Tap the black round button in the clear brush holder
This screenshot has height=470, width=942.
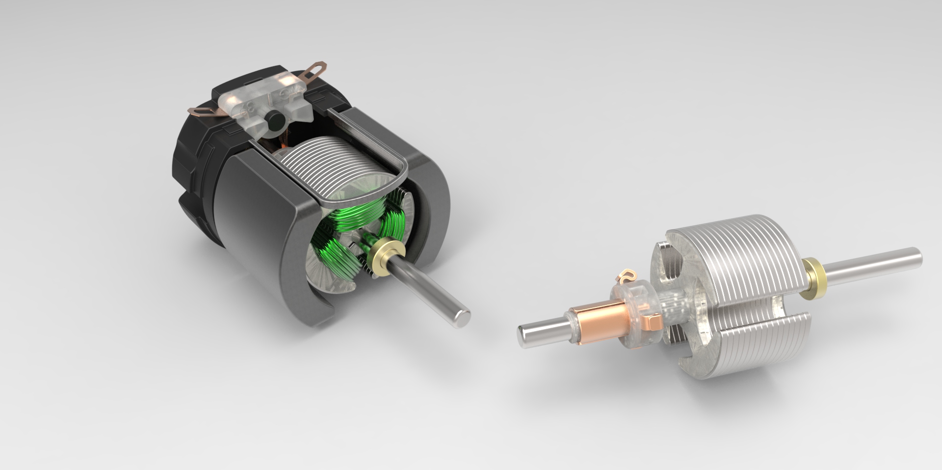(x=273, y=119)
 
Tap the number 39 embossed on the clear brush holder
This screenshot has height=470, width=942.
(x=248, y=107)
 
